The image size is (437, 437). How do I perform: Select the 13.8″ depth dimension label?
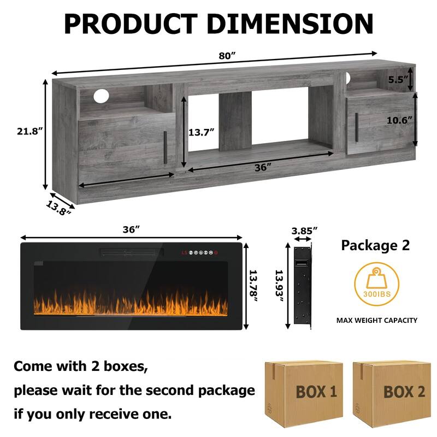coord(58,208)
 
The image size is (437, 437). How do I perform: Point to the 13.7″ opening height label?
coord(202,132)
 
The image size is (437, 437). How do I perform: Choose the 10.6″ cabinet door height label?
coord(399,120)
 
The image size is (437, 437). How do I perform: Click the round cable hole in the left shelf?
coord(101,96)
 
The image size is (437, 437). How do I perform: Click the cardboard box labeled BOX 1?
coord(305,391)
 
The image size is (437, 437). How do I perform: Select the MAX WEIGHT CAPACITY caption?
coord(377,320)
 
